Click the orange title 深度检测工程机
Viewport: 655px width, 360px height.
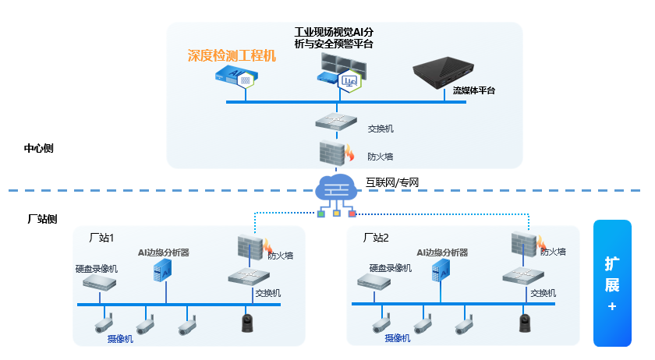point(232,56)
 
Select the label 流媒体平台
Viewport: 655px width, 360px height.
point(474,91)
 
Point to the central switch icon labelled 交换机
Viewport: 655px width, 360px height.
point(336,123)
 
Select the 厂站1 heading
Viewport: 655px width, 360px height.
point(102,237)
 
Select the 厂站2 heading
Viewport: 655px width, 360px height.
point(376,237)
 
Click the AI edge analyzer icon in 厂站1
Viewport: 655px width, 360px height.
point(162,270)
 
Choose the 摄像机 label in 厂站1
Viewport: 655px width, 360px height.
point(120,338)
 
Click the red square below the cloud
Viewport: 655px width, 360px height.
point(352,214)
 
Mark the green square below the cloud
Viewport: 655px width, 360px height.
point(320,214)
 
